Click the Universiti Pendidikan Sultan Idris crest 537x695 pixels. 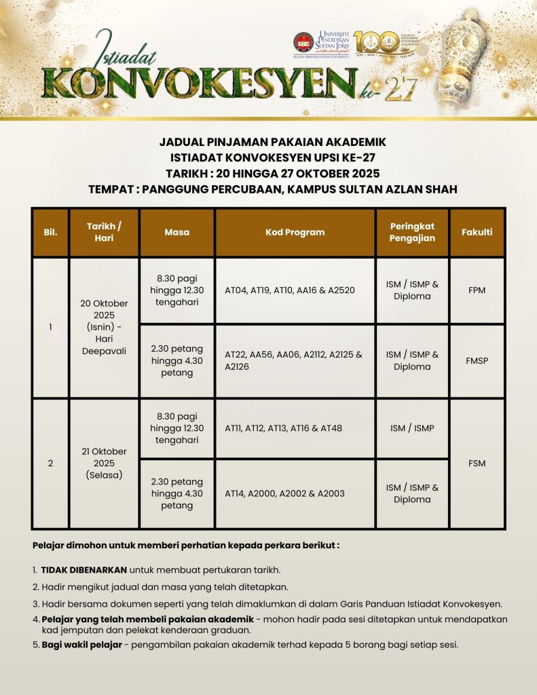tap(303, 43)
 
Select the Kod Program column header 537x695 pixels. tap(295, 232)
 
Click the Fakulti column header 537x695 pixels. tap(477, 232)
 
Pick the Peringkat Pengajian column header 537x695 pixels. tap(412, 232)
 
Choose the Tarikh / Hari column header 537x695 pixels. tap(104, 232)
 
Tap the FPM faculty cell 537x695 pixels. tap(477, 290)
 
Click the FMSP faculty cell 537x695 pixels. tap(477, 360)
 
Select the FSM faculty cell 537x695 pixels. tap(477, 464)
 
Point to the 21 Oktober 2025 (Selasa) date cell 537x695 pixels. tap(104, 463)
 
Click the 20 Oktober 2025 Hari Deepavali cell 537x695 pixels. tap(104, 327)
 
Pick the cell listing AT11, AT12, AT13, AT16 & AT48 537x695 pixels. tap(295, 428)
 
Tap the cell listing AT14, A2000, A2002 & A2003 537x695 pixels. tap(295, 493)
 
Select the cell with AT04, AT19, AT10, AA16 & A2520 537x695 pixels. tap(295, 290)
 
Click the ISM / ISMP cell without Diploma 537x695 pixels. tap(412, 428)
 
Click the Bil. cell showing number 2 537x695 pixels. tap(50, 464)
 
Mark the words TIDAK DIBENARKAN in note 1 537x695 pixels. tap(84, 569)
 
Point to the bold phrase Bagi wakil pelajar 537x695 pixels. tap(82, 644)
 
